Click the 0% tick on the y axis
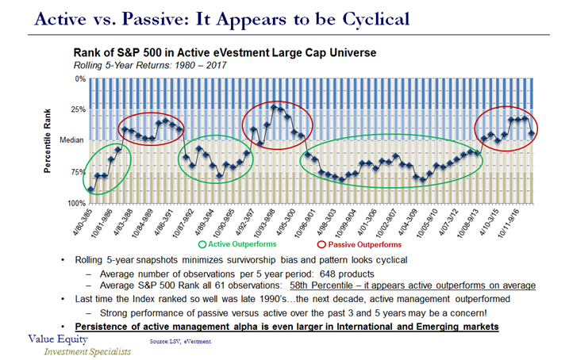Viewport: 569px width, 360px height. point(79,79)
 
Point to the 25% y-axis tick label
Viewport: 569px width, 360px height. point(77,109)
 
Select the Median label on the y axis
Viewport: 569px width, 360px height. point(73,140)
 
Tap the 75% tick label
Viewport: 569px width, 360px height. point(77,172)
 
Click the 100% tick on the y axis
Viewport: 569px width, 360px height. point(76,203)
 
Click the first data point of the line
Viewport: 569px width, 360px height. point(91,190)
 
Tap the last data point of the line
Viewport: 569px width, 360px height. point(530,133)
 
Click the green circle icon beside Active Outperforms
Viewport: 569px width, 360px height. point(206,245)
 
